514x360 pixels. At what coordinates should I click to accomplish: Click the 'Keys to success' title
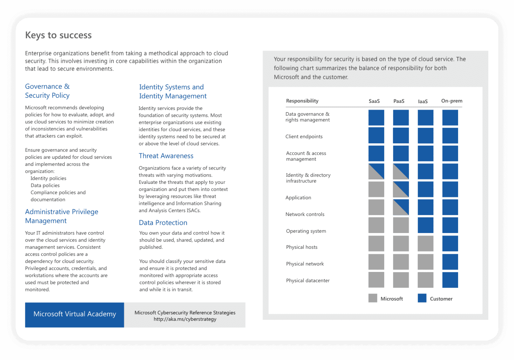tap(58, 35)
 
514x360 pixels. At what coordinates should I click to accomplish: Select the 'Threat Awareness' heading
tap(166, 156)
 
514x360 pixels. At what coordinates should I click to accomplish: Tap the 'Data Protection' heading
tap(163, 223)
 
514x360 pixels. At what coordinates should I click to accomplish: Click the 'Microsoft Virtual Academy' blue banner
tap(75, 314)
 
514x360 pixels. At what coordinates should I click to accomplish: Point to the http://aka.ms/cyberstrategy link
tap(185, 319)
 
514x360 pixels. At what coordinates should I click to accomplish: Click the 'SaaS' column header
tap(374, 101)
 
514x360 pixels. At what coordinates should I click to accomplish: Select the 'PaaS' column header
tap(399, 101)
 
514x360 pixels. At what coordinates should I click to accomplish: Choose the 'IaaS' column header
tap(423, 101)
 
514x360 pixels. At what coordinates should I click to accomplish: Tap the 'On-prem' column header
tap(451, 101)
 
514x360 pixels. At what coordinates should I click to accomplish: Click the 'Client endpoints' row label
tap(304, 137)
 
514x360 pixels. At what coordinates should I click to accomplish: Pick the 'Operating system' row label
tap(306, 231)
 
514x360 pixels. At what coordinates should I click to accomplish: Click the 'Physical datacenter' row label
tap(308, 281)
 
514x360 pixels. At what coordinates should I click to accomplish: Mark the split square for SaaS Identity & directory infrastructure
tap(376, 171)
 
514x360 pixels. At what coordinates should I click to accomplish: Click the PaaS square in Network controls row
tap(401, 207)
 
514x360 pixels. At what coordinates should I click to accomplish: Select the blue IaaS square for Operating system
tap(425, 225)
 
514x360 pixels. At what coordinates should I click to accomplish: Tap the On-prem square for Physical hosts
tap(450, 243)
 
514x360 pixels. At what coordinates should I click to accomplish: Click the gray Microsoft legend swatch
tap(373, 298)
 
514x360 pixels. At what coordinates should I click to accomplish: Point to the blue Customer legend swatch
tap(422, 298)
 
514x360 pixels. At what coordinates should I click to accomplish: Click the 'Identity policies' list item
tap(48, 178)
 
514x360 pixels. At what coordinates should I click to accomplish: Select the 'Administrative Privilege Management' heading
tap(62, 216)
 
